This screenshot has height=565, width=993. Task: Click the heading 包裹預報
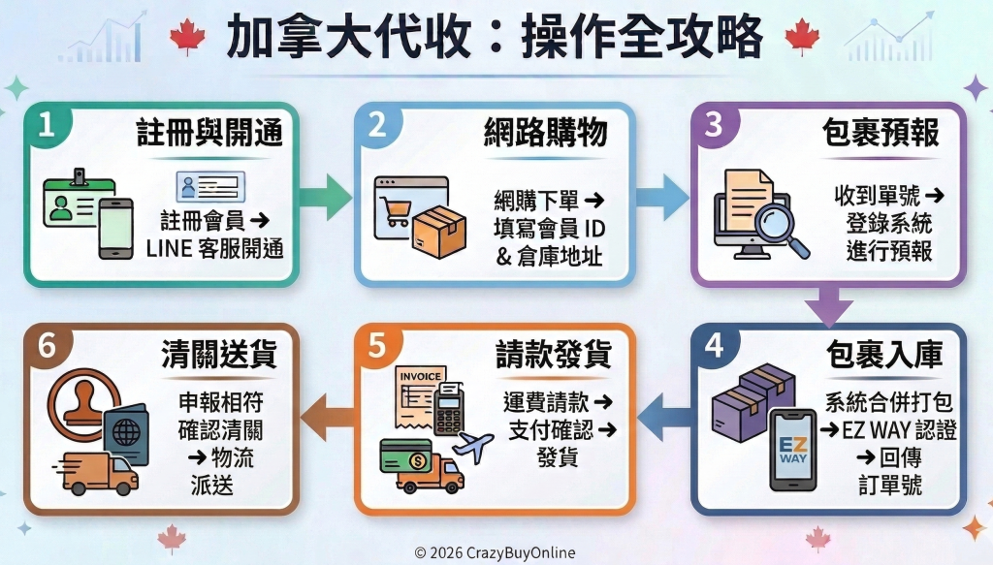tap(881, 134)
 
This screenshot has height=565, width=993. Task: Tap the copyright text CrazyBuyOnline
tap(496, 552)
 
